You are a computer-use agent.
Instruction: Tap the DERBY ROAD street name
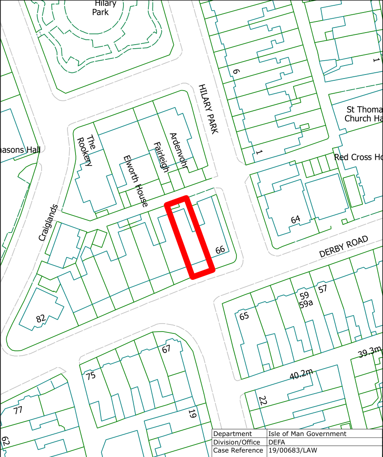[344, 246]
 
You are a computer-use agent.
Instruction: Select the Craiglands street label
[48, 223]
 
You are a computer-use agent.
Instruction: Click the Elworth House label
[135, 181]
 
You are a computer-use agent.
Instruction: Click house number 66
[220, 249]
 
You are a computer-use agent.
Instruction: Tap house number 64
[295, 219]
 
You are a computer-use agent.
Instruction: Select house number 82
[41, 319]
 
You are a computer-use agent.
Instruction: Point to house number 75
[91, 376]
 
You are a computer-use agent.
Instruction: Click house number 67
[166, 349]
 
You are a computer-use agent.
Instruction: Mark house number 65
[244, 316]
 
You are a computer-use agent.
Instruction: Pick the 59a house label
[306, 304]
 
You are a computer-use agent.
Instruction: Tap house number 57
[323, 289]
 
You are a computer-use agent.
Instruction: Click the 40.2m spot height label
[301, 375]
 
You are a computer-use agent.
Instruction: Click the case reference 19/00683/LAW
[292, 450]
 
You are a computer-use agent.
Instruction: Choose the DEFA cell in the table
[277, 442]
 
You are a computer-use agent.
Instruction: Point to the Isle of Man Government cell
[307, 433]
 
